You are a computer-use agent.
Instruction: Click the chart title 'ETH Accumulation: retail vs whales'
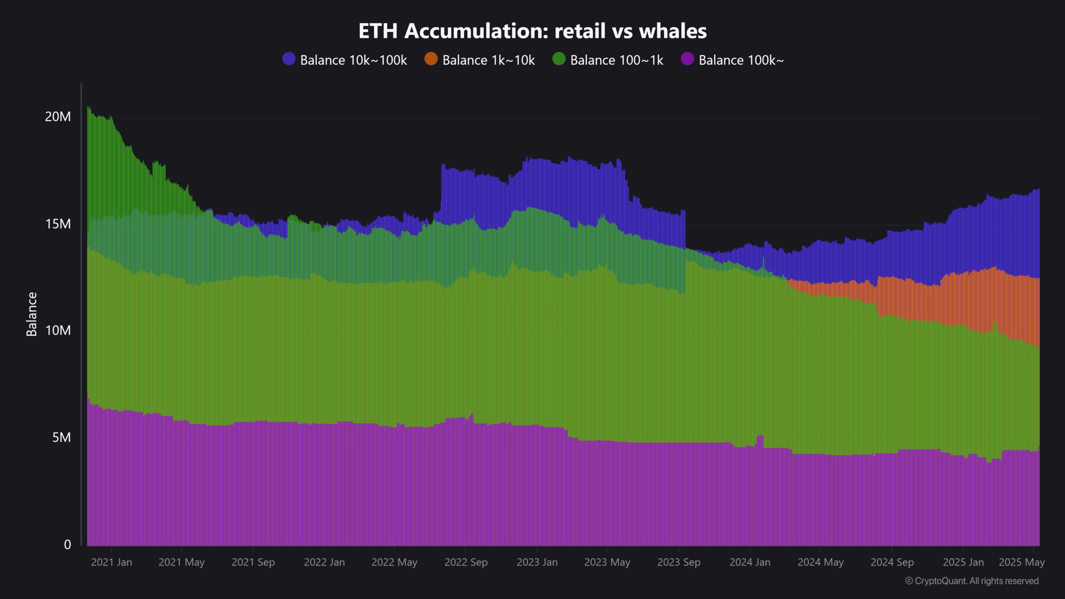532,31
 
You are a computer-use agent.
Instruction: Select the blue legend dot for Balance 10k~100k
289,59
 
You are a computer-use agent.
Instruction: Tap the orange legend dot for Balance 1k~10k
431,59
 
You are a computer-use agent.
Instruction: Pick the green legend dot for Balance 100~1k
559,59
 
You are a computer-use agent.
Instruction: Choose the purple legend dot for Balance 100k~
687,59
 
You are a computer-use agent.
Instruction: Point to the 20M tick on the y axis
58,117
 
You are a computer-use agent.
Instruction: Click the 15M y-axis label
58,224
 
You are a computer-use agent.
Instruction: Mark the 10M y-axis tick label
58,331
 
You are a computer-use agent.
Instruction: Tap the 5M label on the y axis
62,438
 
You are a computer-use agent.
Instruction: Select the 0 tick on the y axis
67,545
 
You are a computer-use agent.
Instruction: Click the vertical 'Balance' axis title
32,314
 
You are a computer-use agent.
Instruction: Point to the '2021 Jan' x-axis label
111,562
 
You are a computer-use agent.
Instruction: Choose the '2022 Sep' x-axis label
466,562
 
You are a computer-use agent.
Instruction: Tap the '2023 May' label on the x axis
607,562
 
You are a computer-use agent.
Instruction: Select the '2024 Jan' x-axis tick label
750,562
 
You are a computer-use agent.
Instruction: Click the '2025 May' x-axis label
1021,562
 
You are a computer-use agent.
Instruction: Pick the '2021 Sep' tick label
253,562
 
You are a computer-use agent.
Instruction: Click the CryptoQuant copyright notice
972,581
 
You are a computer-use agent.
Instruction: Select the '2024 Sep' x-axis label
892,562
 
